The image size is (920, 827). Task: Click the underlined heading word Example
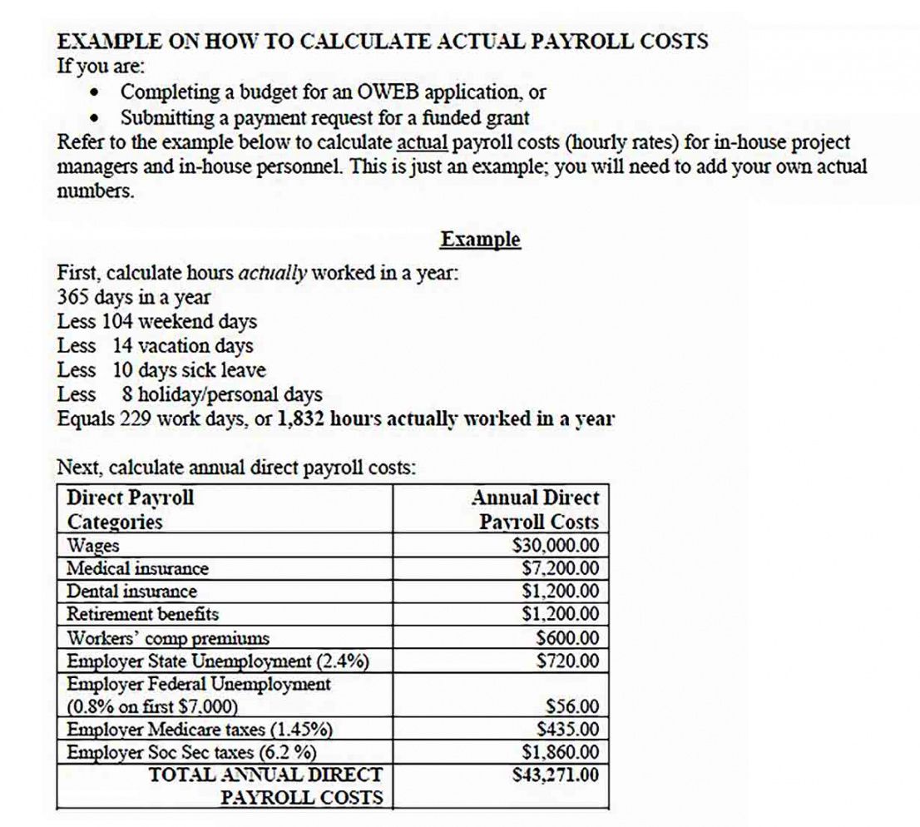tap(480, 240)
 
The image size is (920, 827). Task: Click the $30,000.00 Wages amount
tap(556, 546)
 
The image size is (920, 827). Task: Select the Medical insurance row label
tap(138, 569)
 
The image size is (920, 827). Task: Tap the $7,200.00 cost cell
tap(560, 569)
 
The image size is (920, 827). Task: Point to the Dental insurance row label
tap(132, 592)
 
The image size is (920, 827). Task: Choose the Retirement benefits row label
tap(143, 614)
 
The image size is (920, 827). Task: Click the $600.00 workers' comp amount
tap(568, 638)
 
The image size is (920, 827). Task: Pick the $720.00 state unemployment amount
tap(568, 661)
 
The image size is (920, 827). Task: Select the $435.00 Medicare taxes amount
tap(568, 730)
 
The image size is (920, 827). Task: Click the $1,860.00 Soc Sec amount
tap(560, 752)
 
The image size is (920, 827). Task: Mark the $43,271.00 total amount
tap(556, 775)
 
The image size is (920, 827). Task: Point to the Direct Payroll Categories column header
tap(130, 510)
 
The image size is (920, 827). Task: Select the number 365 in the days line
tap(73, 297)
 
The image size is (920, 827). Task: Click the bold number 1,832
tap(300, 418)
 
